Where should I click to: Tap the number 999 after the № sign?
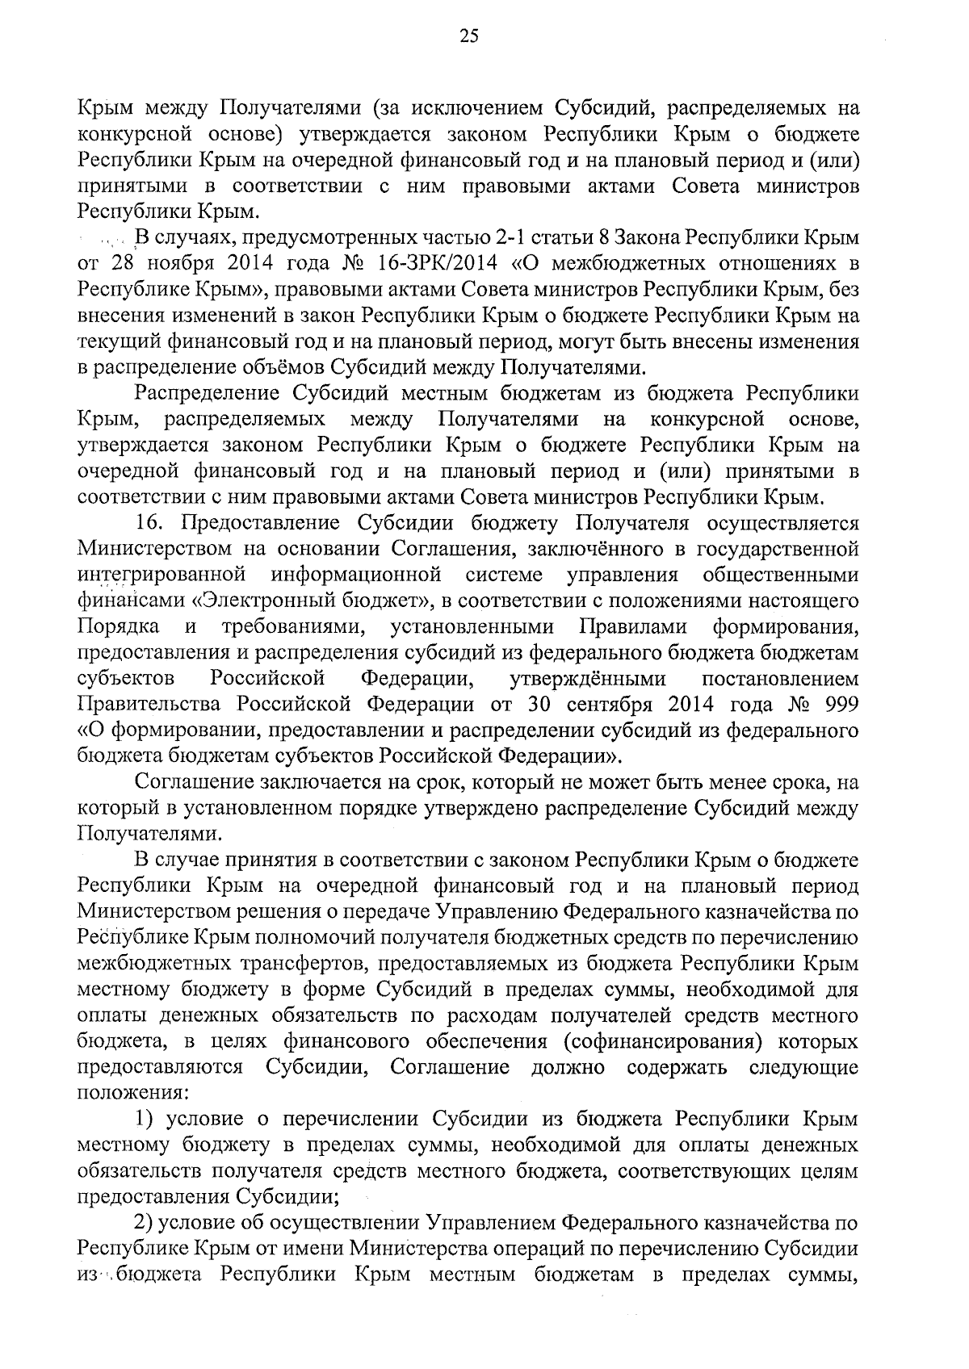pyautogui.click(x=839, y=704)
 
